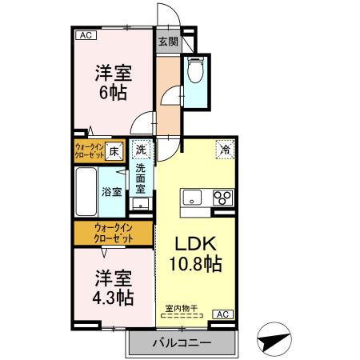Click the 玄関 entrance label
click(166, 42)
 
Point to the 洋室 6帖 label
click(113, 82)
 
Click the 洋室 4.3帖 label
click(113, 289)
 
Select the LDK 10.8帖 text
click(195, 254)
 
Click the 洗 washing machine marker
click(141, 149)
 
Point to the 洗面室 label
click(140, 180)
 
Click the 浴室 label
click(112, 192)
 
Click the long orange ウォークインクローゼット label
click(112, 233)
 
